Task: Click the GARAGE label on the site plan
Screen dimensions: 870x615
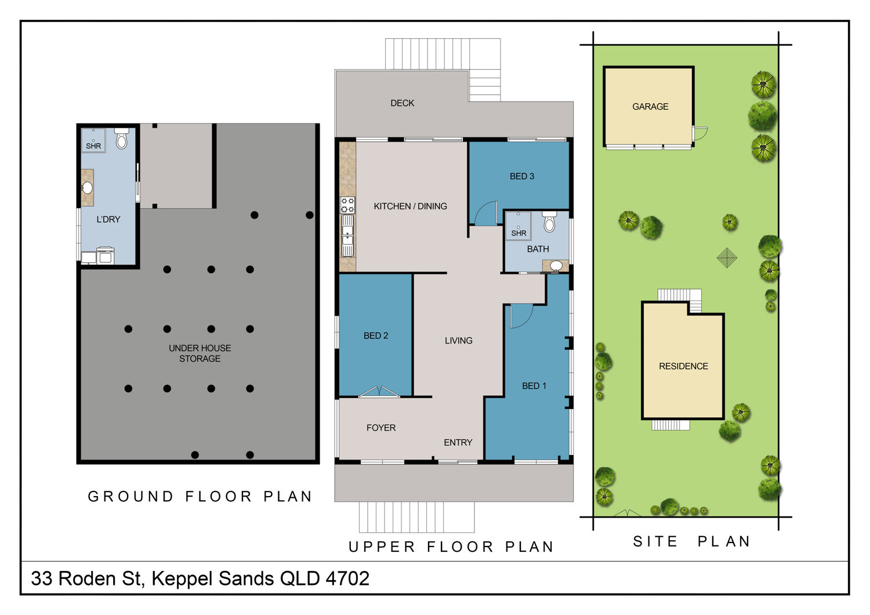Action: (x=650, y=106)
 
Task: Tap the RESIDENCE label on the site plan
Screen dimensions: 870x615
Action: (x=683, y=366)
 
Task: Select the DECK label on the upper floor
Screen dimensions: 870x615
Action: (x=402, y=103)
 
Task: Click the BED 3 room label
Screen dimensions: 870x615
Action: (x=521, y=176)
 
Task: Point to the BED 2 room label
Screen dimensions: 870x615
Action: (x=376, y=336)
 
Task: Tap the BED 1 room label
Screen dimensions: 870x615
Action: (x=534, y=386)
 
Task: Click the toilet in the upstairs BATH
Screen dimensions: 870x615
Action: (x=549, y=222)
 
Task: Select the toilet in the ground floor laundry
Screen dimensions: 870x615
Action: (x=122, y=138)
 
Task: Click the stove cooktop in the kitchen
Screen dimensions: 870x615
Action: (x=347, y=205)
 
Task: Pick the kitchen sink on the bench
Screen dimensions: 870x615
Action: (x=347, y=236)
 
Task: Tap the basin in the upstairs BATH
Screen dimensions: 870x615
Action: (x=556, y=265)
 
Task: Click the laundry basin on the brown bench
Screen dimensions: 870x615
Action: (x=88, y=187)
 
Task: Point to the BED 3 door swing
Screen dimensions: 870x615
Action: (x=486, y=213)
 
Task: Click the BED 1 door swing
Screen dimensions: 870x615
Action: (x=521, y=316)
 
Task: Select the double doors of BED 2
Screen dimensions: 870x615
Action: (x=379, y=391)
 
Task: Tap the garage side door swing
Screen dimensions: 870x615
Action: (x=700, y=133)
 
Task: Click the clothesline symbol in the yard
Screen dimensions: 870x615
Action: (x=727, y=258)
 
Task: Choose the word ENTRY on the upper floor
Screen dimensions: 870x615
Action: (x=458, y=443)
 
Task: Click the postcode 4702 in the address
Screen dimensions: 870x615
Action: (x=347, y=578)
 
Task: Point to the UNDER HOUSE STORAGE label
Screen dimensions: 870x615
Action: (x=200, y=353)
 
